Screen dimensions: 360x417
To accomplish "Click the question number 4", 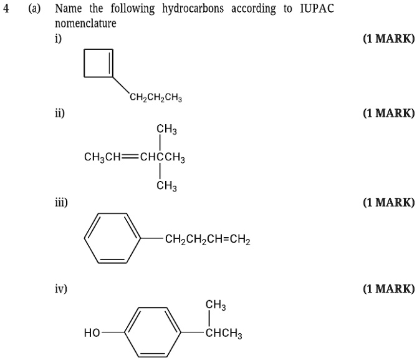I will [6, 9].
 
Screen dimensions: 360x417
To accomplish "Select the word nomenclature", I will [85, 24].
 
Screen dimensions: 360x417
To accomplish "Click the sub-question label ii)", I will [59, 114].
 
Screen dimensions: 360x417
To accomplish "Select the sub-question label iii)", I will [61, 202].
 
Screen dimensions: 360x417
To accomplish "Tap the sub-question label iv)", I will [60, 289].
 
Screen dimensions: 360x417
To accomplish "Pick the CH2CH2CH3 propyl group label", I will [156, 97].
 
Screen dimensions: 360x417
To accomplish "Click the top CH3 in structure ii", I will [166, 130].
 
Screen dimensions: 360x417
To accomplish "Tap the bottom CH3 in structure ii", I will [166, 186].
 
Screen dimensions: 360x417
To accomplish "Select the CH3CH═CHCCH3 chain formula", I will [134, 158].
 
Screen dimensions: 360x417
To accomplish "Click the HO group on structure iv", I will [92, 333].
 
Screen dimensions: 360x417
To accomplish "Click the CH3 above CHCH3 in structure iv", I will [216, 305].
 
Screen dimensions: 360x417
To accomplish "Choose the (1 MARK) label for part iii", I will [388, 202].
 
